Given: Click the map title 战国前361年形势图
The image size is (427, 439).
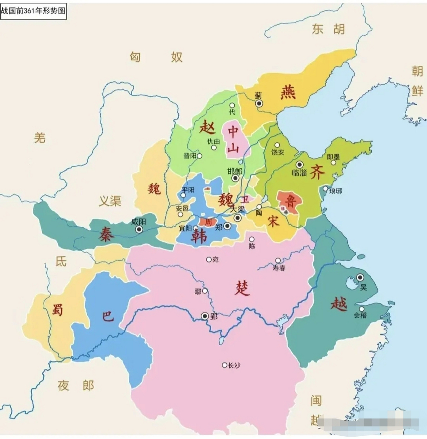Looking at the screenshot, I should click(33, 11).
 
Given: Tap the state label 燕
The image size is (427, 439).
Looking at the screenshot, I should click(288, 92).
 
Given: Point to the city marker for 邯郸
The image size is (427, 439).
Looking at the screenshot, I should click(235, 178).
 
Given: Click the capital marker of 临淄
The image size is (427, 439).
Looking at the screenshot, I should click(300, 165).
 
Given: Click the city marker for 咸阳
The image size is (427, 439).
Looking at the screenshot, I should click(139, 229).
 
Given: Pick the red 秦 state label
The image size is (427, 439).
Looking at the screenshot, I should click(105, 234).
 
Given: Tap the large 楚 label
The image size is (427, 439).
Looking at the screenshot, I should click(242, 288).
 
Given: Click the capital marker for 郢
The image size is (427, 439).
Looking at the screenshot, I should click(205, 316).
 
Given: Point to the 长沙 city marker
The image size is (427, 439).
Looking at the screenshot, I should click(224, 365).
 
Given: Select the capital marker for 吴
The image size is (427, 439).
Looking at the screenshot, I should click(360, 277).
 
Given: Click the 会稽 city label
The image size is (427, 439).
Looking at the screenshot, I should click(360, 315).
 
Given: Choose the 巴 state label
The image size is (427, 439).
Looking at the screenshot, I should click(108, 316).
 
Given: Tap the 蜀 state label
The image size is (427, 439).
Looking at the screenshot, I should click(57, 309).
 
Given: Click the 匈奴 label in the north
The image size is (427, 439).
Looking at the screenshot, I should click(156, 57).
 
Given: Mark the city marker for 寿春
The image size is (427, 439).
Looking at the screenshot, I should click(278, 261).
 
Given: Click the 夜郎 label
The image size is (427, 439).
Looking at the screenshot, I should click(76, 385).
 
